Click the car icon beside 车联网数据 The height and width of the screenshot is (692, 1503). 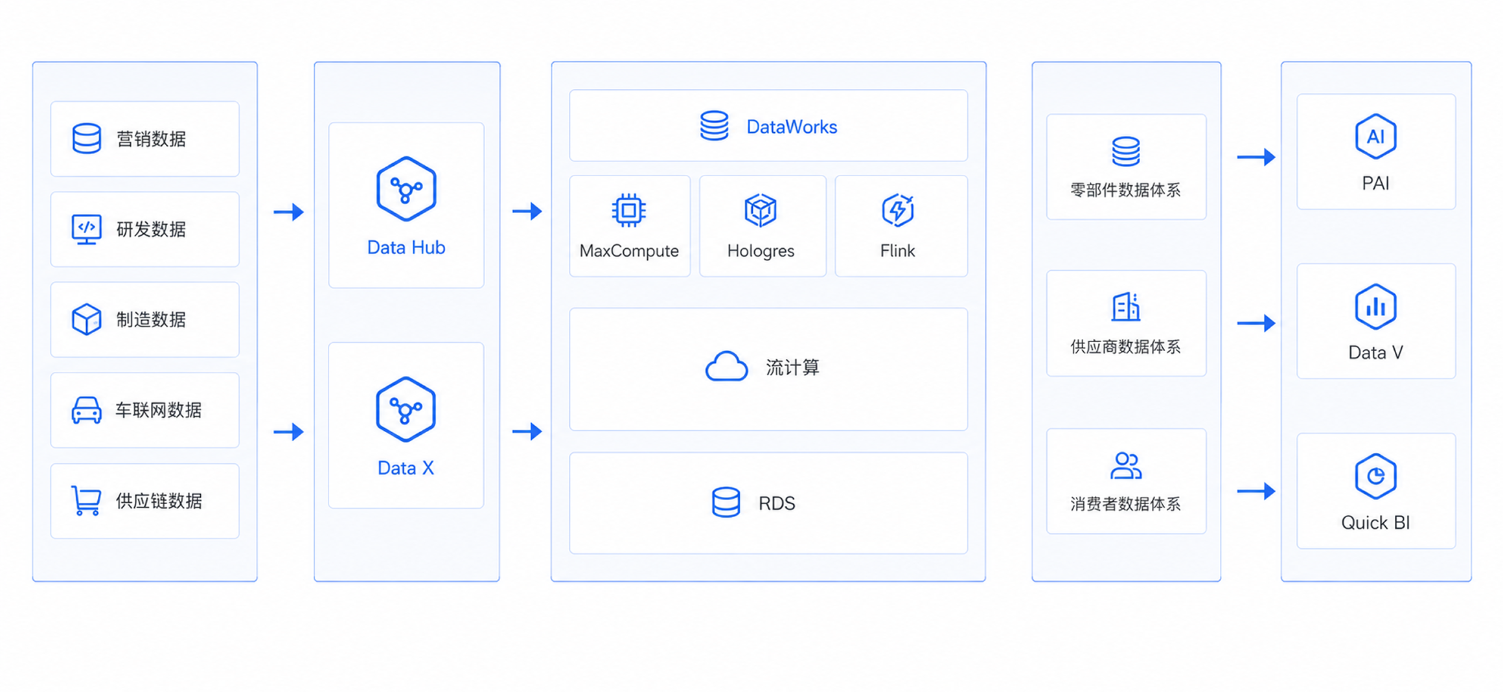coord(86,410)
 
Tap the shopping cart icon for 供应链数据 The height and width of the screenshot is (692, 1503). coord(86,501)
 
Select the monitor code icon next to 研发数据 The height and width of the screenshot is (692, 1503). coord(86,229)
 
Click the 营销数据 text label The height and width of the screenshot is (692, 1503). coord(152,139)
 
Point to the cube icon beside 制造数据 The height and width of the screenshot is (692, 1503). coord(86,319)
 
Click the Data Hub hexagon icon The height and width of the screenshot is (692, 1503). coord(406,189)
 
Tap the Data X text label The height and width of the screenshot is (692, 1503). coord(406,468)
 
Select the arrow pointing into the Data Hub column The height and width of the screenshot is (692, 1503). coord(289,212)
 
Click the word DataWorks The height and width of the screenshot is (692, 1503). coord(792,127)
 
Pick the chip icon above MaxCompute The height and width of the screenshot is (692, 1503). coord(628,211)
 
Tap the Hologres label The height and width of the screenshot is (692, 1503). coord(761,251)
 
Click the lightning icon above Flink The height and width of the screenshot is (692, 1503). coord(898,210)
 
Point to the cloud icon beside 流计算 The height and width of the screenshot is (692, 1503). coord(726,366)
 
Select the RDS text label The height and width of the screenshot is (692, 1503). coord(777,503)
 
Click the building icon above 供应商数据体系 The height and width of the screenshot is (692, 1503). coord(1126,306)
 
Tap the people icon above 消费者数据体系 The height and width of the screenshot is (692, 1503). coord(1126,465)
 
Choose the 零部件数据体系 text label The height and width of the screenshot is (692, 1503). coord(1125,190)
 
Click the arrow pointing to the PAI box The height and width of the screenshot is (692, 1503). coord(1256,157)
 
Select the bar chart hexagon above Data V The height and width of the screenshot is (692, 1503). coord(1375,306)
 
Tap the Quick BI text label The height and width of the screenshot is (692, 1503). coord(1375,523)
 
